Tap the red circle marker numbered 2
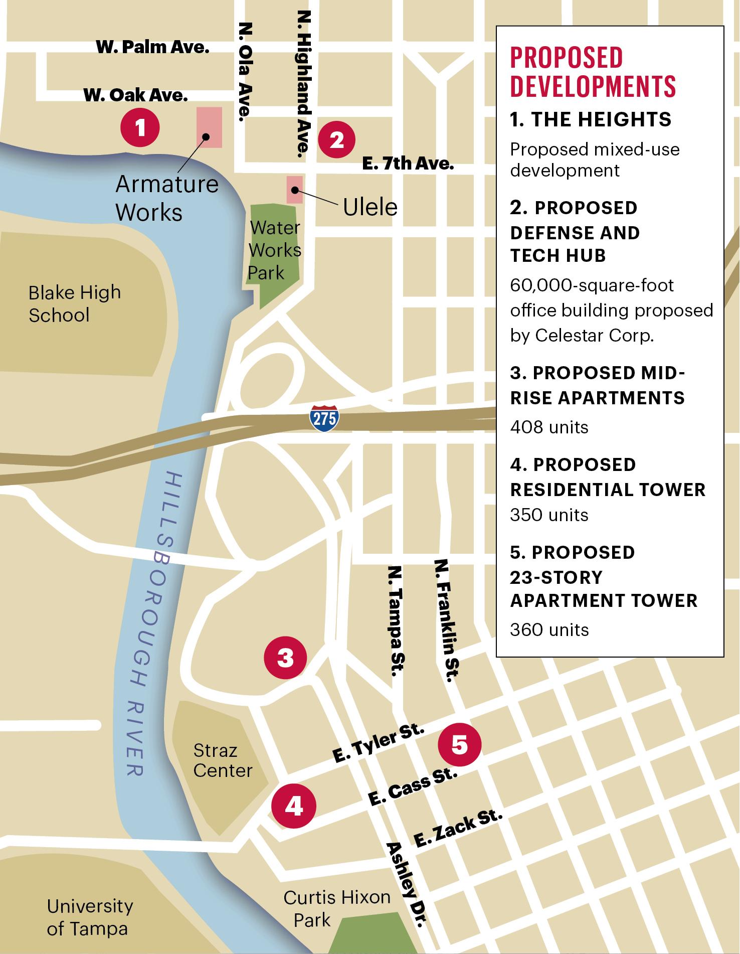[x=337, y=140]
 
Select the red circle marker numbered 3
[x=285, y=657]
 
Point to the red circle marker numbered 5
[x=459, y=744]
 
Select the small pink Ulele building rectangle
[x=295, y=190]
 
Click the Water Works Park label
[x=274, y=250]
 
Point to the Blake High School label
[x=74, y=304]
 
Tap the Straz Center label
[x=222, y=760]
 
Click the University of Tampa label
[x=89, y=917]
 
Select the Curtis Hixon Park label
[x=336, y=908]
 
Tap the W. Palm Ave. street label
[x=152, y=48]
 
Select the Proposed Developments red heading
[x=593, y=72]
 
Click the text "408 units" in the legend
[x=549, y=427]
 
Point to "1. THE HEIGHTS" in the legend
[x=591, y=119]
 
